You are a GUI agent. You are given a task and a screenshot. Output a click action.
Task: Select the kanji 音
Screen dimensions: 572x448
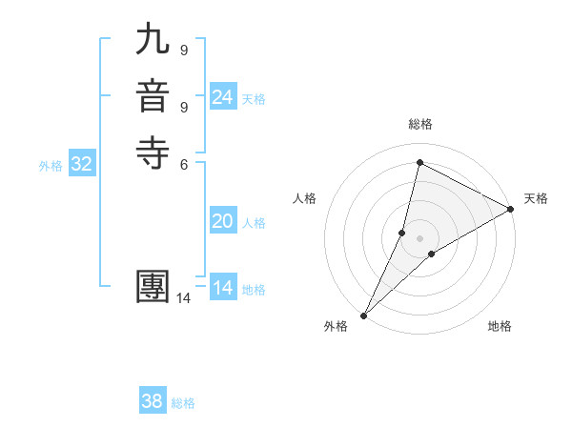click(x=154, y=99)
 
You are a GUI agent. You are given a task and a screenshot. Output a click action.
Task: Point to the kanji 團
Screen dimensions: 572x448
click(x=154, y=288)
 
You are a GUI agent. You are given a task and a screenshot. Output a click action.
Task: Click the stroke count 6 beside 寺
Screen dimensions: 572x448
click(x=184, y=163)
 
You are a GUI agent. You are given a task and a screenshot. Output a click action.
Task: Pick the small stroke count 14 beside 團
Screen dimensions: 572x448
click(x=184, y=298)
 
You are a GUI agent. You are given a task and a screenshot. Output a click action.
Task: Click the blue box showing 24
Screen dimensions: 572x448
click(x=223, y=97)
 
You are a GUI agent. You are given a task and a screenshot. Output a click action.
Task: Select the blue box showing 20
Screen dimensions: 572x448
click(x=223, y=221)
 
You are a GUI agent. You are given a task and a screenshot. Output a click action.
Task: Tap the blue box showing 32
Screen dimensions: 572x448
click(x=82, y=164)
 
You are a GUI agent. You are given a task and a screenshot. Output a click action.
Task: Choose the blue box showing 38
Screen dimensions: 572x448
click(x=153, y=401)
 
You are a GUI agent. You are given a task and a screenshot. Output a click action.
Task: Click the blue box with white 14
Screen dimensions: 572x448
click(x=223, y=288)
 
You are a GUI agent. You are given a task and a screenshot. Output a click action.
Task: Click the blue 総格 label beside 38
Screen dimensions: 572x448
click(x=183, y=403)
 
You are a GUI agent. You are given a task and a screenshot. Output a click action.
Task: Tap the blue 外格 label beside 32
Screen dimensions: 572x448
click(x=51, y=166)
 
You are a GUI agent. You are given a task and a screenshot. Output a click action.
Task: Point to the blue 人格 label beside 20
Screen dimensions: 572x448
click(x=254, y=223)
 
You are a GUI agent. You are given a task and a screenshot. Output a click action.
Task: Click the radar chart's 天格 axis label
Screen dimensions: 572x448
click(x=536, y=198)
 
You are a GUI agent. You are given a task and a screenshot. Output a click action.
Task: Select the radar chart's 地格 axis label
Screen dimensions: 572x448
click(x=500, y=327)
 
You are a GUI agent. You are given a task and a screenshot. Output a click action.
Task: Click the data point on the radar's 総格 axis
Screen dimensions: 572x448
click(x=419, y=163)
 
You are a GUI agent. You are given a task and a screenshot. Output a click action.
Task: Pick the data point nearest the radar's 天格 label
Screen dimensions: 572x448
click(x=511, y=209)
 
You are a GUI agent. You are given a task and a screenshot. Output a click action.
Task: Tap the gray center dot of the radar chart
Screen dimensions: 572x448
click(x=419, y=238)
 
